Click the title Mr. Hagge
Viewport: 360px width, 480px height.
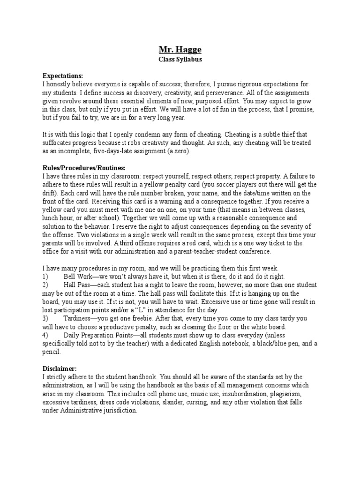pos(180,50)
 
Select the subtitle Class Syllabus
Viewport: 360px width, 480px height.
pos(180,60)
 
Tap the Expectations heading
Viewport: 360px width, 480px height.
pos(63,75)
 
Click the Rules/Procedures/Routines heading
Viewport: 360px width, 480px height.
pos(84,167)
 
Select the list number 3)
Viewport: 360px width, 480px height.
pos(45,318)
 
